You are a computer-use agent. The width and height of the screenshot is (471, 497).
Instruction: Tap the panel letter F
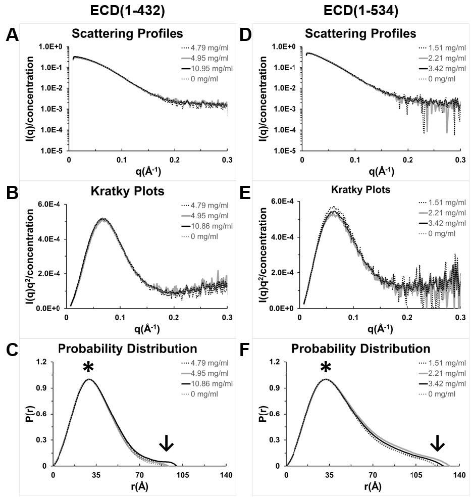pos(246,351)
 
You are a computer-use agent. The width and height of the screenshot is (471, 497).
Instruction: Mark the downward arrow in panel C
pos(166,443)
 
